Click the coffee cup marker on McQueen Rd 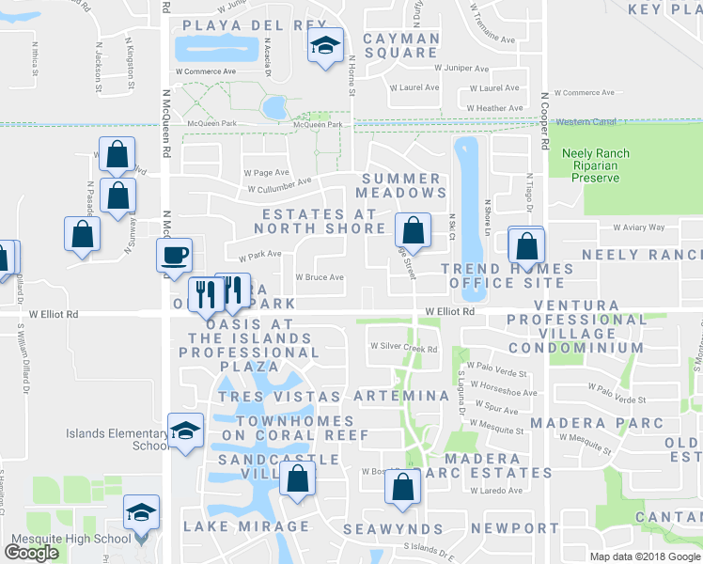tap(174, 256)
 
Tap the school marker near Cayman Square tap(325, 45)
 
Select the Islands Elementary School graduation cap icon tap(185, 431)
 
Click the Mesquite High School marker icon tap(142, 512)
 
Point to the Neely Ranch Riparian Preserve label tap(596, 165)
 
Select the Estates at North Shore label tap(324, 221)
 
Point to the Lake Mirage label tap(246, 526)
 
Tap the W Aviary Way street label tap(638, 227)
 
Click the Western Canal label tap(584, 122)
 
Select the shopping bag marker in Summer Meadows tap(413, 229)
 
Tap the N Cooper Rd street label tap(544, 121)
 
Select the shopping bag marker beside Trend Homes tap(526, 246)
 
